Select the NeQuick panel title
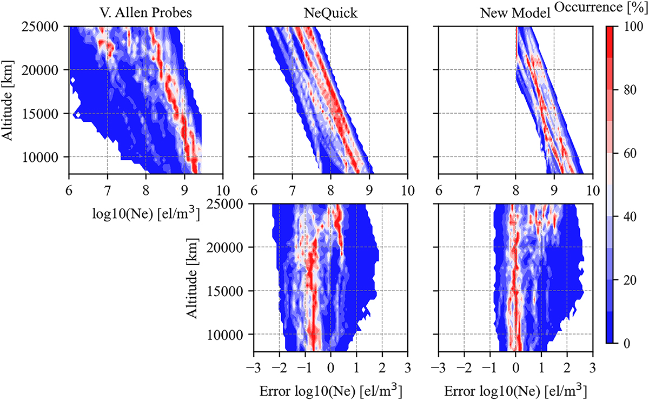pos(330,12)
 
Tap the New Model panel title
pos(514,12)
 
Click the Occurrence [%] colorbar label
pos(601,10)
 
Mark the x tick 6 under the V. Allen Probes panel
pos(69,190)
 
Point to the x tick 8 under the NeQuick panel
pos(330,190)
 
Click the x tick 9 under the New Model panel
pos(554,190)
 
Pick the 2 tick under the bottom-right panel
pos(567,367)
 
